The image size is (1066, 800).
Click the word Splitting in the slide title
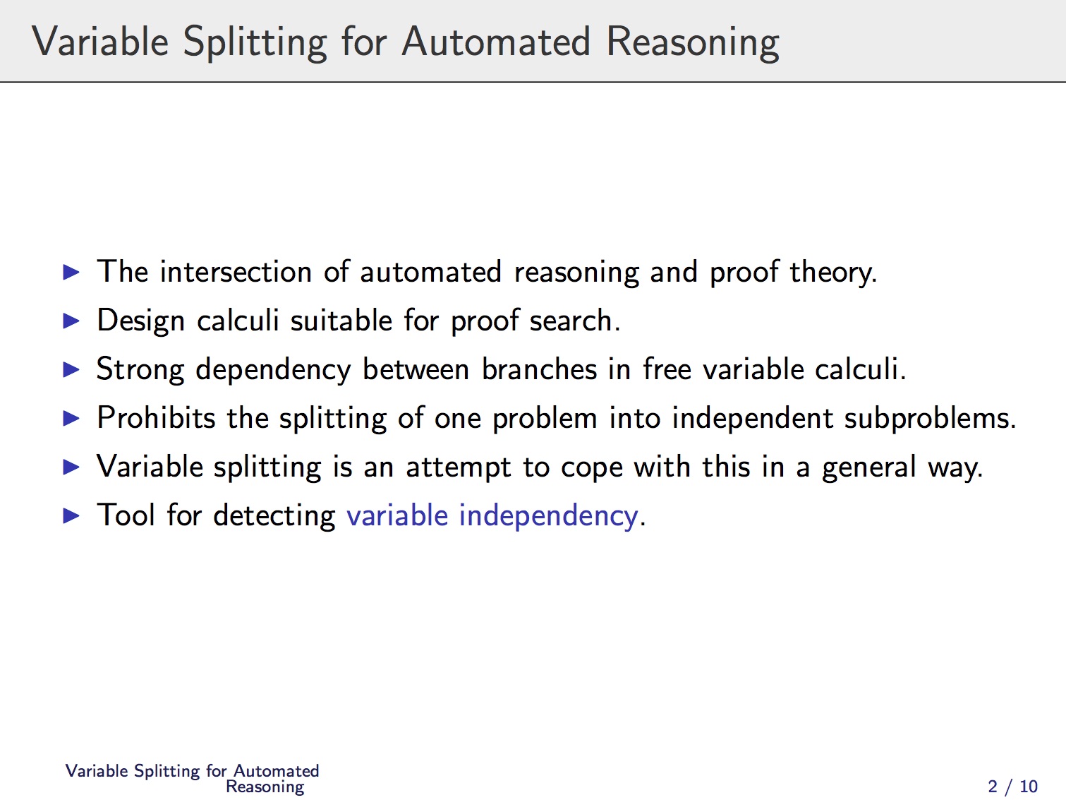(x=255, y=43)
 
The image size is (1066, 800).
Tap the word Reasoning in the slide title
(x=693, y=43)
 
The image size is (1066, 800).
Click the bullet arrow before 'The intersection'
(x=71, y=272)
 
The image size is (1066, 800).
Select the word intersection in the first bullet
(x=236, y=271)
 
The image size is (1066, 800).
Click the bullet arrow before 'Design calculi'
(x=71, y=321)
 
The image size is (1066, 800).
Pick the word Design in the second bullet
(x=141, y=321)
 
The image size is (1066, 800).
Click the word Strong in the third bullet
(x=140, y=370)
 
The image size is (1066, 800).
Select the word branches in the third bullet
(x=539, y=369)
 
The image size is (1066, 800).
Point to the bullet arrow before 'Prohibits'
(x=71, y=418)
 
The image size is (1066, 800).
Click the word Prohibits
(x=156, y=417)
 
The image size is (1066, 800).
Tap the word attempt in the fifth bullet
(x=459, y=467)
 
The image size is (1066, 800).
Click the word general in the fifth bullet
(x=869, y=467)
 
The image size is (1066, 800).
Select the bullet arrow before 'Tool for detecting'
(x=71, y=515)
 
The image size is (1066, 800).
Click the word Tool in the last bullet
(x=126, y=515)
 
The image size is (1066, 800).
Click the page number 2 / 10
(x=1012, y=786)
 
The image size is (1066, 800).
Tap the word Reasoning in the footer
(x=265, y=787)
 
